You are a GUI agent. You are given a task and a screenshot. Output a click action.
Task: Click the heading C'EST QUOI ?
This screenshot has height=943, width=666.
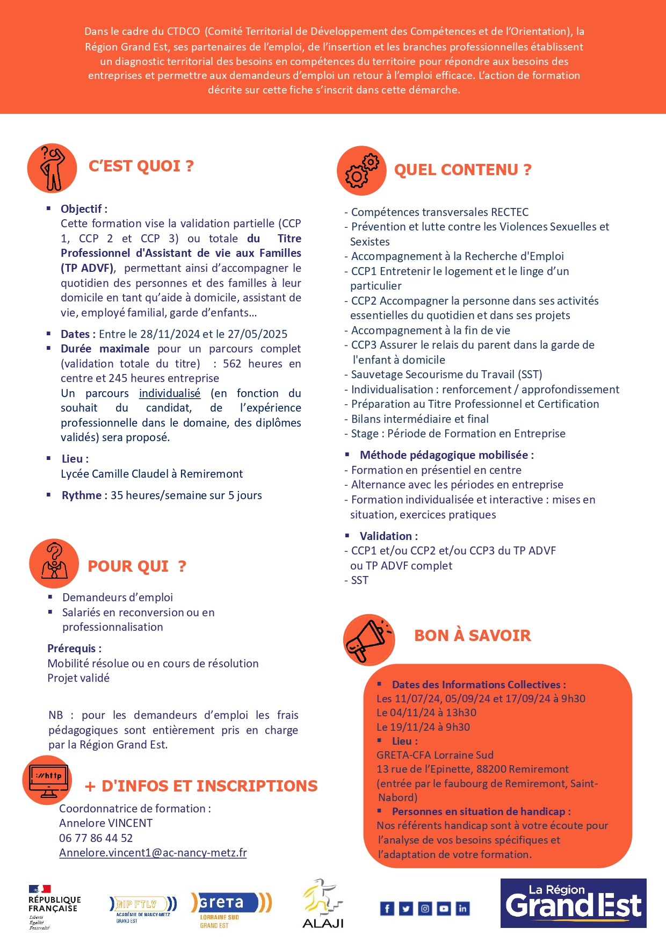pos(141,166)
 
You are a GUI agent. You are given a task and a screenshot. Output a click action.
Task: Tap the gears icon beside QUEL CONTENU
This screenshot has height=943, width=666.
pos(361,170)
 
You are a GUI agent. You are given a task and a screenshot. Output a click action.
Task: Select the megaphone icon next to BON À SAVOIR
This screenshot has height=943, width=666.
pos(368,639)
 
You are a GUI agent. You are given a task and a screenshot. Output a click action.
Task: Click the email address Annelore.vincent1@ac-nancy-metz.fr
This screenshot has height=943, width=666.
pos(153,853)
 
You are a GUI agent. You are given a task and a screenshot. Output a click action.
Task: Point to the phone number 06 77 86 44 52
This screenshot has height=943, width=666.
pos(96,838)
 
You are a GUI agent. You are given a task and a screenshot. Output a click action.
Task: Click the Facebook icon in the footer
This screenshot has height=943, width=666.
pos(387,908)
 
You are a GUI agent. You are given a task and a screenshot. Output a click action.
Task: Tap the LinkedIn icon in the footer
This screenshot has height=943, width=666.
pos(462,908)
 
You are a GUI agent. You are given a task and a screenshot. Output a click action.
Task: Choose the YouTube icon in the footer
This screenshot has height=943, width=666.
pos(444,908)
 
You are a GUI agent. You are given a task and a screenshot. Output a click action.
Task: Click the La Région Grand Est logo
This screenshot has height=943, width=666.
pos(573,903)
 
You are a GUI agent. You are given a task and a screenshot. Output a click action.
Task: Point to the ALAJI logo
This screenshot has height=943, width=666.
pos(322,904)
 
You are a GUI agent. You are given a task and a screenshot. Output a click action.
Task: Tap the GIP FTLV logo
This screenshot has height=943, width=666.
pos(142,908)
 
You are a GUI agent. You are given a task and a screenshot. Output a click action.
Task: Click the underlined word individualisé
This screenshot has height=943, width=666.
pos(170,393)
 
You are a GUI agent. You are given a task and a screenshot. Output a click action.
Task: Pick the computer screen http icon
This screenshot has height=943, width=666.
pos(48,780)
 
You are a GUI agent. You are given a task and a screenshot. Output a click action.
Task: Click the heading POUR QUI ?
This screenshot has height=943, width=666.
pos(137,566)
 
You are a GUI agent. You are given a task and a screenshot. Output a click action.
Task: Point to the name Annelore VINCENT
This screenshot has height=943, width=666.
pos(106,823)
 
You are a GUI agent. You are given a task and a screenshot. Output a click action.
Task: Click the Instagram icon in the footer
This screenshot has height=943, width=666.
pos(425,908)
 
